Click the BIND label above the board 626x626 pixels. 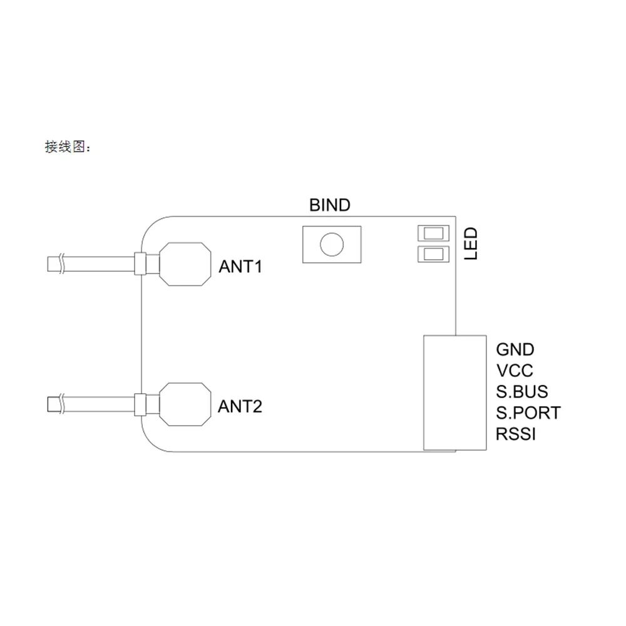coord(330,205)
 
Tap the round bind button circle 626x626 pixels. coord(332,244)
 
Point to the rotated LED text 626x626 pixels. coord(470,244)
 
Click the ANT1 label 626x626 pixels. coord(240,267)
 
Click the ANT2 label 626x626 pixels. coord(240,407)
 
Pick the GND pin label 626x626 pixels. coord(515,349)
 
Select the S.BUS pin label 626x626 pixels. coord(521,392)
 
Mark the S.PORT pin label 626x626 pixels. coord(528,413)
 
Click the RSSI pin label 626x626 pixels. coord(515,434)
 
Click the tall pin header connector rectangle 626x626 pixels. coord(455,393)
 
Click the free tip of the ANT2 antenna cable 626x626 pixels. coord(51,404)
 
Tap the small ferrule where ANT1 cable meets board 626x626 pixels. coord(140,264)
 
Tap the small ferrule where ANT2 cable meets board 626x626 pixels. coord(140,404)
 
